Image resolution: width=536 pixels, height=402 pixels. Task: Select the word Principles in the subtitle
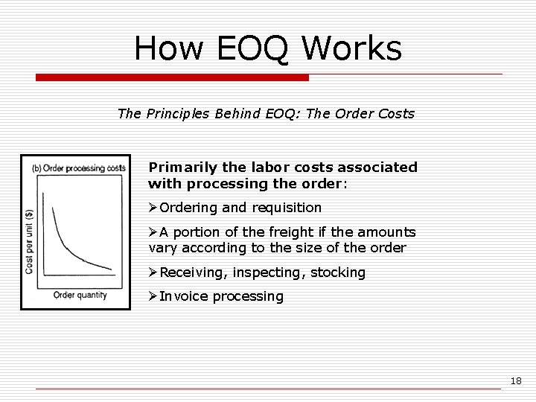click(x=179, y=115)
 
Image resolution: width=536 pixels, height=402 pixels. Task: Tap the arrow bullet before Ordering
click(x=153, y=208)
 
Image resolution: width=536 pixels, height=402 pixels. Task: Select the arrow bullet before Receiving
click(x=153, y=272)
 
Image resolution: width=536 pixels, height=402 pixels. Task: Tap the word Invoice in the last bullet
click(x=184, y=296)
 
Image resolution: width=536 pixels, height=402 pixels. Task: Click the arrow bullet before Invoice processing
click(x=153, y=296)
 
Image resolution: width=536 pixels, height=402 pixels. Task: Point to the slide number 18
click(x=516, y=381)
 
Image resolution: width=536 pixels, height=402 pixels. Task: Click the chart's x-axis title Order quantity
click(x=80, y=294)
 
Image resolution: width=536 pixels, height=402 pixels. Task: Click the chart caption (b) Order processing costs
click(x=78, y=167)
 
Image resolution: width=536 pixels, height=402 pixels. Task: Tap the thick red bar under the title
click(x=172, y=77)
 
